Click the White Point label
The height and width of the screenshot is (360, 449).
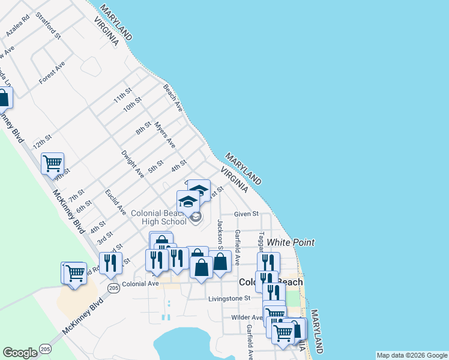pyautogui.click(x=291, y=242)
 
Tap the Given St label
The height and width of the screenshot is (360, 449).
pyautogui.click(x=246, y=214)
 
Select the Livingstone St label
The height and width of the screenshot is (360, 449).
pyautogui.click(x=229, y=298)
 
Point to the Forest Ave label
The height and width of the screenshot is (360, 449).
pyautogui.click(x=52, y=73)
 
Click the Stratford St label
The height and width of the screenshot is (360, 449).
pyautogui.click(x=49, y=25)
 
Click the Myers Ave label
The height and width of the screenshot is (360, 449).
pyautogui.click(x=164, y=135)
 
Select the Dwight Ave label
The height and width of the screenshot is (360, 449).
pyautogui.click(x=133, y=164)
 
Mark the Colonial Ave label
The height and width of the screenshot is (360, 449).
pyautogui.click(x=139, y=284)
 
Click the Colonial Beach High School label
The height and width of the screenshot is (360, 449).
pyautogui.click(x=159, y=217)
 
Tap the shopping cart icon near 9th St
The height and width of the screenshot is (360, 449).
pyautogui.click(x=52, y=162)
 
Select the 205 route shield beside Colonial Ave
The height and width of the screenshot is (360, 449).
pyautogui.click(x=113, y=289)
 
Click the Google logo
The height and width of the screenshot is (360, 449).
pyautogui.click(x=20, y=353)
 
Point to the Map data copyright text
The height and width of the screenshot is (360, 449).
pyautogui.click(x=411, y=355)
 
